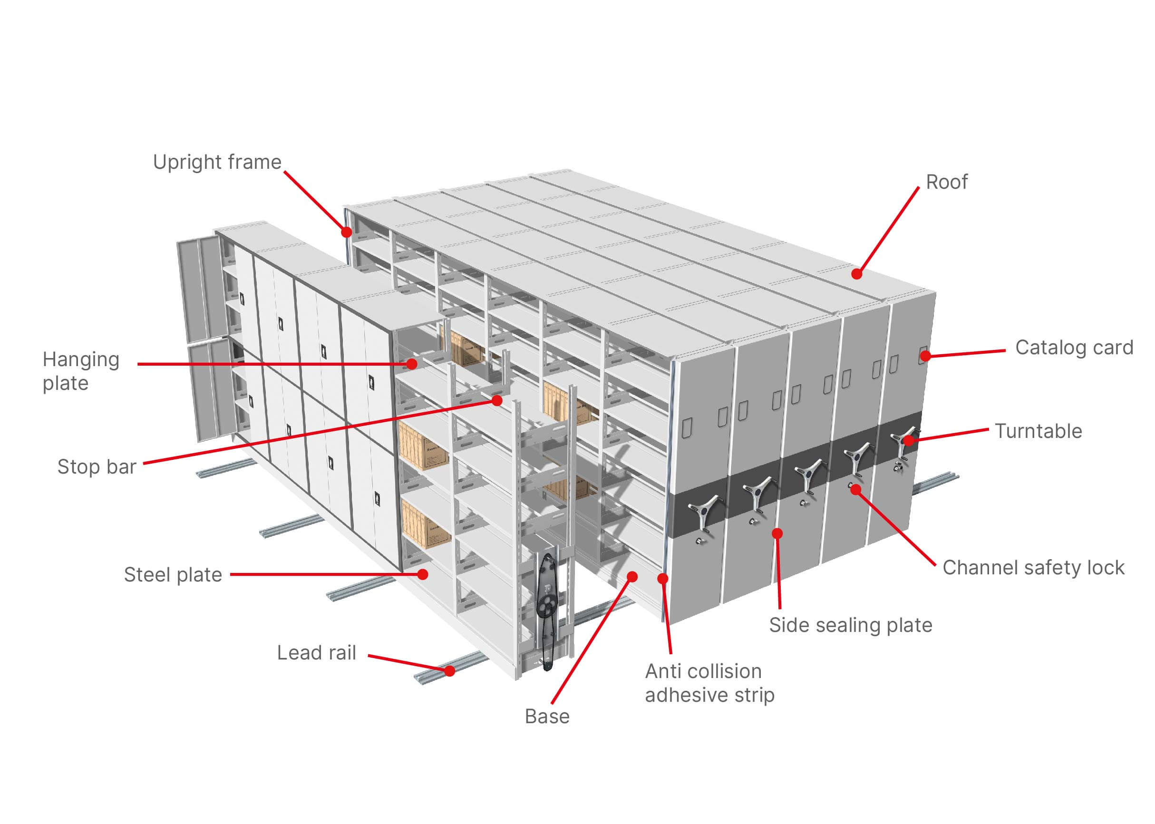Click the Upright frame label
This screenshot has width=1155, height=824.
pos(217,162)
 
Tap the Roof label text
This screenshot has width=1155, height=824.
pos(946,182)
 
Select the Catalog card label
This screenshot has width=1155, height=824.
pos(1074,348)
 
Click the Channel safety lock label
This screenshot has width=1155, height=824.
pos(1033,568)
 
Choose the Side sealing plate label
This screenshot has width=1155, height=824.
pos(851,625)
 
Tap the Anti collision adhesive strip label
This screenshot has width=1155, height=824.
pos(709,683)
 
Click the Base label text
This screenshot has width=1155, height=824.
pos(546,717)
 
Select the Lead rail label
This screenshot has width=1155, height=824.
pos(316,653)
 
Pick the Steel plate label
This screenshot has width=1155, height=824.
pos(173,575)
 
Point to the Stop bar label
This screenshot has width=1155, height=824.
pos(97,467)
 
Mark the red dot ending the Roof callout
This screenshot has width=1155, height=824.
pos(856,274)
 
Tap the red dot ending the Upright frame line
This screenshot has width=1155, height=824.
pos(347,232)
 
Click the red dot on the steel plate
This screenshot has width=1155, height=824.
pos(423,574)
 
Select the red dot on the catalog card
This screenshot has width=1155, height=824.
pos(925,356)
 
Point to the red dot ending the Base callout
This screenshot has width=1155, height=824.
pos(632,576)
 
